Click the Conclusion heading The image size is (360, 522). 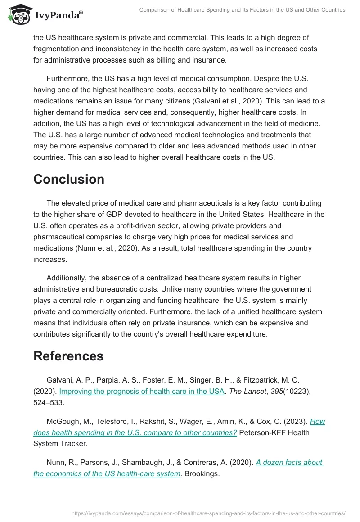[x=69, y=179]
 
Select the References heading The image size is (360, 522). [x=68, y=356]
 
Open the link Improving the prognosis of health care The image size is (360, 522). [x=142, y=391]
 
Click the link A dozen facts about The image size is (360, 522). [x=290, y=462]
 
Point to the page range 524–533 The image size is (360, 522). [x=49, y=402]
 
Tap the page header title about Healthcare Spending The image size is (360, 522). [x=242, y=10]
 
